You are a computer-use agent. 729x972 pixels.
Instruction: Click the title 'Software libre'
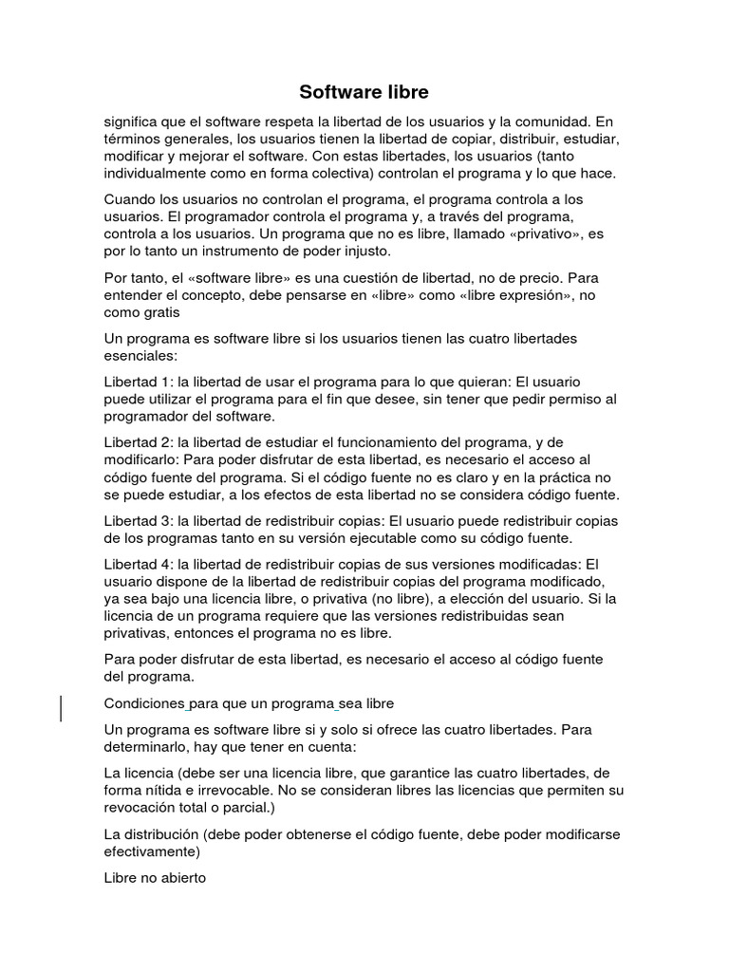click(x=364, y=92)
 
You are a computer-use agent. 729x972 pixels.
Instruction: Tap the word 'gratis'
click(x=159, y=312)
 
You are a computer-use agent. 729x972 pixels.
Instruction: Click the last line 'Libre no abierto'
click(x=155, y=878)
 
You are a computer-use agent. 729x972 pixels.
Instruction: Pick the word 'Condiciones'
click(x=143, y=703)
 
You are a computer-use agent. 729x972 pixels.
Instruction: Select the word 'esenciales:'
click(x=140, y=356)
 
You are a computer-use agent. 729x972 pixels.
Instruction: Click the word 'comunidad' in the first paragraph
click(x=547, y=121)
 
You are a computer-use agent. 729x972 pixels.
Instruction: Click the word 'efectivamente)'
click(x=153, y=851)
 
